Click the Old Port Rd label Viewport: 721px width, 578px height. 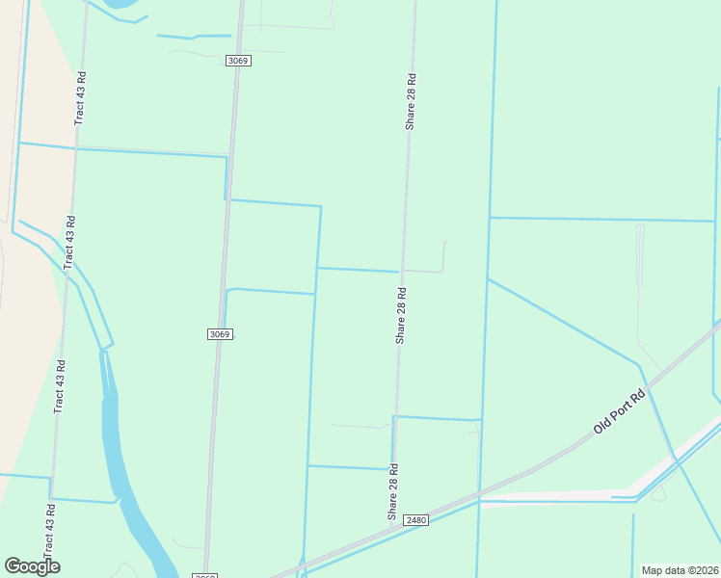click(x=619, y=411)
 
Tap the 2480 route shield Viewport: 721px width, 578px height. click(x=415, y=520)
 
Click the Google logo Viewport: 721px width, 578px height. click(x=32, y=566)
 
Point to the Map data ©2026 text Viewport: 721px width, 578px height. click(x=681, y=570)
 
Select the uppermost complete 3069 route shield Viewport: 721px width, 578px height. click(x=238, y=61)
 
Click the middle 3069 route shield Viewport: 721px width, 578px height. click(x=220, y=334)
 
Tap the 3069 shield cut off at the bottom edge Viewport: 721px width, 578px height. click(x=204, y=575)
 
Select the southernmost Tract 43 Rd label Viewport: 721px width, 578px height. click(x=60, y=387)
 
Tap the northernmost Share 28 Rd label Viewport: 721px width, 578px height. click(x=411, y=102)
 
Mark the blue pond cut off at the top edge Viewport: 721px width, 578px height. click(x=120, y=5)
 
